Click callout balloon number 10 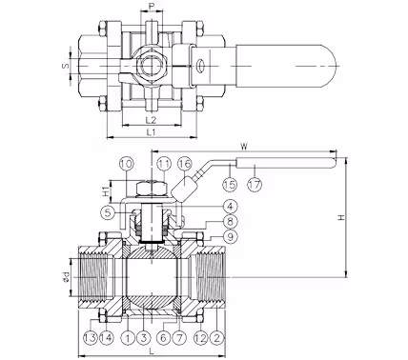[x=127, y=164]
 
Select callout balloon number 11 [x=164, y=164]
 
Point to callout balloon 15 [x=230, y=184]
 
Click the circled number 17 [x=255, y=184]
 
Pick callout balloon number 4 [x=231, y=207]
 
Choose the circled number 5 [x=109, y=212]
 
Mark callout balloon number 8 [x=231, y=221]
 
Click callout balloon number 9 [x=231, y=236]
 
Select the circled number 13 [x=92, y=338]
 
